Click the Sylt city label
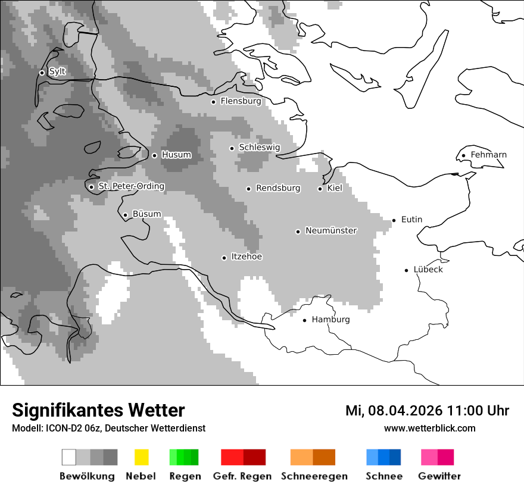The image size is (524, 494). (x=57, y=71)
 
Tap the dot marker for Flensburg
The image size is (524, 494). (x=213, y=102)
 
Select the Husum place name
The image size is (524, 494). (x=176, y=155)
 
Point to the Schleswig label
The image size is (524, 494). (x=259, y=148)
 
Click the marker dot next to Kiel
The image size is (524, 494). (x=320, y=189)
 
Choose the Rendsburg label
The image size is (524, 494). (x=277, y=188)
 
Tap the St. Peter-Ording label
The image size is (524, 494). (x=131, y=186)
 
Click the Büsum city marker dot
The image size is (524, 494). (x=125, y=215)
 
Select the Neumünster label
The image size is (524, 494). (x=330, y=230)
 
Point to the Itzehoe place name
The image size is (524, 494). (x=246, y=257)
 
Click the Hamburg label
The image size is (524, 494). (x=330, y=320)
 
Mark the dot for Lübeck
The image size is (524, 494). (x=407, y=270)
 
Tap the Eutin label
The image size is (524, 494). (x=411, y=220)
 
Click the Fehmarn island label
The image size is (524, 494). (x=488, y=155)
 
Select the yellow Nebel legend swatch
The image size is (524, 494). (x=141, y=457)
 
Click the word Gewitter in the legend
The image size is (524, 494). (x=439, y=476)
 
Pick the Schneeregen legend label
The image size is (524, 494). (x=314, y=476)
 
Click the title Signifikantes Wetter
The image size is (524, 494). (x=98, y=410)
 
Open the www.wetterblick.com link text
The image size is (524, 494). (x=429, y=428)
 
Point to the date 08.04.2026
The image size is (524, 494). (x=403, y=411)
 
